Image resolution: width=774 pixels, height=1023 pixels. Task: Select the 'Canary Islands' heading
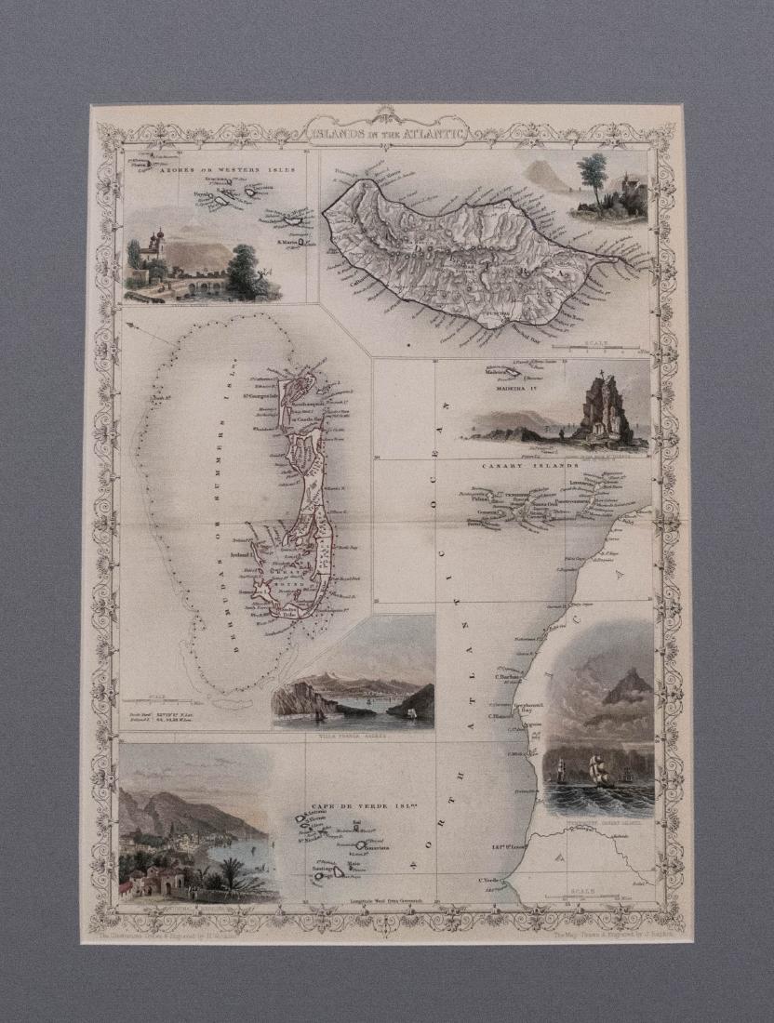point(529,465)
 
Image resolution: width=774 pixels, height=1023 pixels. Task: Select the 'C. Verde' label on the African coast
point(489,880)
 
